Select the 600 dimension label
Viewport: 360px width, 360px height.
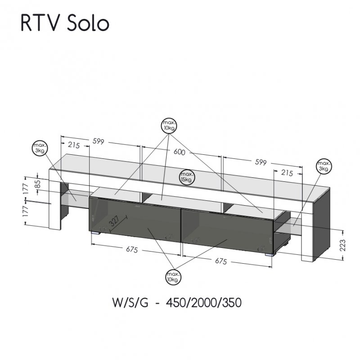179,152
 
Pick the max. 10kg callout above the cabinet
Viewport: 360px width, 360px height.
170,125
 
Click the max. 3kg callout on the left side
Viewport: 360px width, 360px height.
40,148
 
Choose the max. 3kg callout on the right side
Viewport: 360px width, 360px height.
324,166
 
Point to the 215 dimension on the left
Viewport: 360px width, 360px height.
74,145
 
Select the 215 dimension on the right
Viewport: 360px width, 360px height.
287,172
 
